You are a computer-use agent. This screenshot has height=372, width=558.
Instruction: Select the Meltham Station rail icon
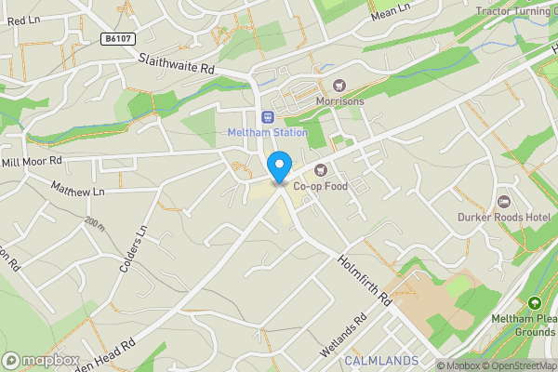(x=268, y=117)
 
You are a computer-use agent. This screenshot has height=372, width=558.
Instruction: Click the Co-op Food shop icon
(x=321, y=170)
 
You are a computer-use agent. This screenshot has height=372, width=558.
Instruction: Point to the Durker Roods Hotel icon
(x=505, y=202)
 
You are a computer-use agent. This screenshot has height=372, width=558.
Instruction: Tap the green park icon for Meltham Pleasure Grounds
(x=534, y=303)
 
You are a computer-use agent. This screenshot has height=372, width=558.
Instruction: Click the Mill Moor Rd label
(x=31, y=162)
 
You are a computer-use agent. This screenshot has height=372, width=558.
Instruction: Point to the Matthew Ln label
(x=78, y=191)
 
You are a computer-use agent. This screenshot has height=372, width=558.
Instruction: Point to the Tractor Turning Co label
(x=516, y=11)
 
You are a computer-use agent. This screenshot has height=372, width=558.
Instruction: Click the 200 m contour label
(x=94, y=223)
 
